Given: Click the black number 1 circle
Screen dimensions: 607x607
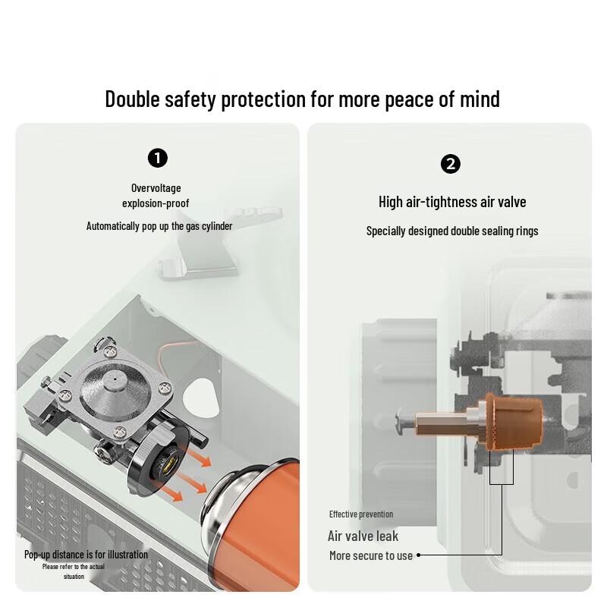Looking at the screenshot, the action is tap(158, 158).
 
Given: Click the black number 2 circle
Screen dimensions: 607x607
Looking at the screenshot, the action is tap(451, 164).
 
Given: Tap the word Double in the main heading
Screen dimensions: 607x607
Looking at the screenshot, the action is tap(132, 99).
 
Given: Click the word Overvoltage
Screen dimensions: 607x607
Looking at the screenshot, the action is tap(156, 188).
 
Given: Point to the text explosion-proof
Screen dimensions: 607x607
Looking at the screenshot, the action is tap(156, 203).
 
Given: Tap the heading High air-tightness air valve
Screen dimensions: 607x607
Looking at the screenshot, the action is tap(452, 202).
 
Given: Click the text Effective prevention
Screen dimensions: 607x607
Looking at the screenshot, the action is tap(361, 514).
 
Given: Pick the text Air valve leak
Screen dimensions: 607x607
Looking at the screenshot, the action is tap(363, 536).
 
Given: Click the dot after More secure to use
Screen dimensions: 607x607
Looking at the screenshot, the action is tap(419, 555).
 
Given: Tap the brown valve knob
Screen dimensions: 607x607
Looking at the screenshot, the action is tap(514, 422).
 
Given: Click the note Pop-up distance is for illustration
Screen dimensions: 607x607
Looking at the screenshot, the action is tap(86, 555).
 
